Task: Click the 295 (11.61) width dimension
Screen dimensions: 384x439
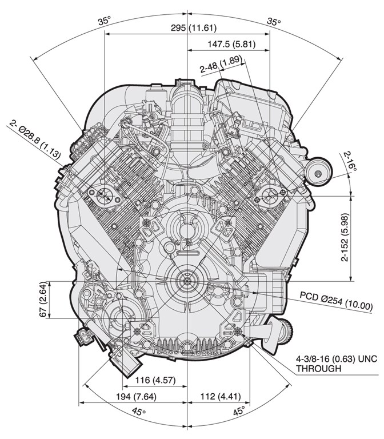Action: tap(194, 27)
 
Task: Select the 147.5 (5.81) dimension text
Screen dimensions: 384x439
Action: tap(231, 44)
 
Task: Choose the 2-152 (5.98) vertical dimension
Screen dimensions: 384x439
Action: tap(345, 237)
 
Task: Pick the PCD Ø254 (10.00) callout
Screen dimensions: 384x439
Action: tap(336, 301)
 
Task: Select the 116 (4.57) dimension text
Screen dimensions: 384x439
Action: tap(155, 380)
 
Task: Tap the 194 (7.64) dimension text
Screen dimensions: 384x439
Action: tap(137, 397)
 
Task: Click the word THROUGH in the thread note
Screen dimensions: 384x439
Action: tap(319, 369)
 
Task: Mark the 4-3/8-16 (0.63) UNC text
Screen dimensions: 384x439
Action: tap(337, 358)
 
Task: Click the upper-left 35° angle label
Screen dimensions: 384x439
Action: tap(105, 21)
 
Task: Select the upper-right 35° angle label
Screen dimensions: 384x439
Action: tap(274, 21)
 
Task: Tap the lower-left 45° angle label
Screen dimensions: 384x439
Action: tap(139, 412)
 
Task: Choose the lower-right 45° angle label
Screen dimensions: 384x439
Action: tap(239, 411)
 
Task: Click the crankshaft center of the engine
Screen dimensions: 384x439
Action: tap(187, 281)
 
